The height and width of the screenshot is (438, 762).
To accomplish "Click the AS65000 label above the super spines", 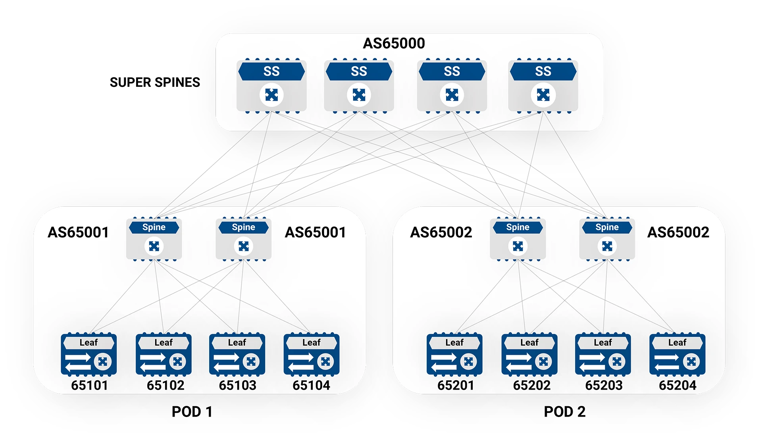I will [x=394, y=43].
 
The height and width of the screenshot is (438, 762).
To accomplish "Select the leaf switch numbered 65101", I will [x=89, y=354].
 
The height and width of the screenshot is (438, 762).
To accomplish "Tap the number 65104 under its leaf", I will [x=311, y=385].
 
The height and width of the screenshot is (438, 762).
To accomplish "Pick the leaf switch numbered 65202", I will [x=529, y=354].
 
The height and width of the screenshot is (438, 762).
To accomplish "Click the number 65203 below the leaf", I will [x=604, y=385].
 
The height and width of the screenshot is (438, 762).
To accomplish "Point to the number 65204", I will [x=677, y=385].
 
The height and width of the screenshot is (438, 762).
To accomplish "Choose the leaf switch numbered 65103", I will [x=237, y=354].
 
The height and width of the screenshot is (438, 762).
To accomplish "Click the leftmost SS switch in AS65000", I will [x=271, y=86].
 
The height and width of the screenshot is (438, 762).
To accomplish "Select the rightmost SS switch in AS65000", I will [x=543, y=86].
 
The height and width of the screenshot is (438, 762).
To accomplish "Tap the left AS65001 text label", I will [x=78, y=232].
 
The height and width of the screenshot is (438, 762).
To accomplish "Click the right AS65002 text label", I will [x=678, y=232].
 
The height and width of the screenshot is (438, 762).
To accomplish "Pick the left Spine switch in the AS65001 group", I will [x=154, y=239].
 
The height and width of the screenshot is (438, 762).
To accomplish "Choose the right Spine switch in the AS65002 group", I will [x=607, y=239].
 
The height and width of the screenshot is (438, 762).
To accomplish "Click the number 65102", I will [x=165, y=385].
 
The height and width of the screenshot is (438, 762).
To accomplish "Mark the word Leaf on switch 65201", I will [x=454, y=342].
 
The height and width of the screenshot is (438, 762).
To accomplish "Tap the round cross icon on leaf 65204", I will [x=691, y=361].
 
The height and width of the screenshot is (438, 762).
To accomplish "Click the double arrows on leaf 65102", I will [x=153, y=362].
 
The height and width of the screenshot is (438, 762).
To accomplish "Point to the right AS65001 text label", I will [x=315, y=232].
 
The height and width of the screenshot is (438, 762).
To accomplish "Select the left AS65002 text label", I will [x=441, y=232].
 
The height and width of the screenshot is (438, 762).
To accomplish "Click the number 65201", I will [x=456, y=385].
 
